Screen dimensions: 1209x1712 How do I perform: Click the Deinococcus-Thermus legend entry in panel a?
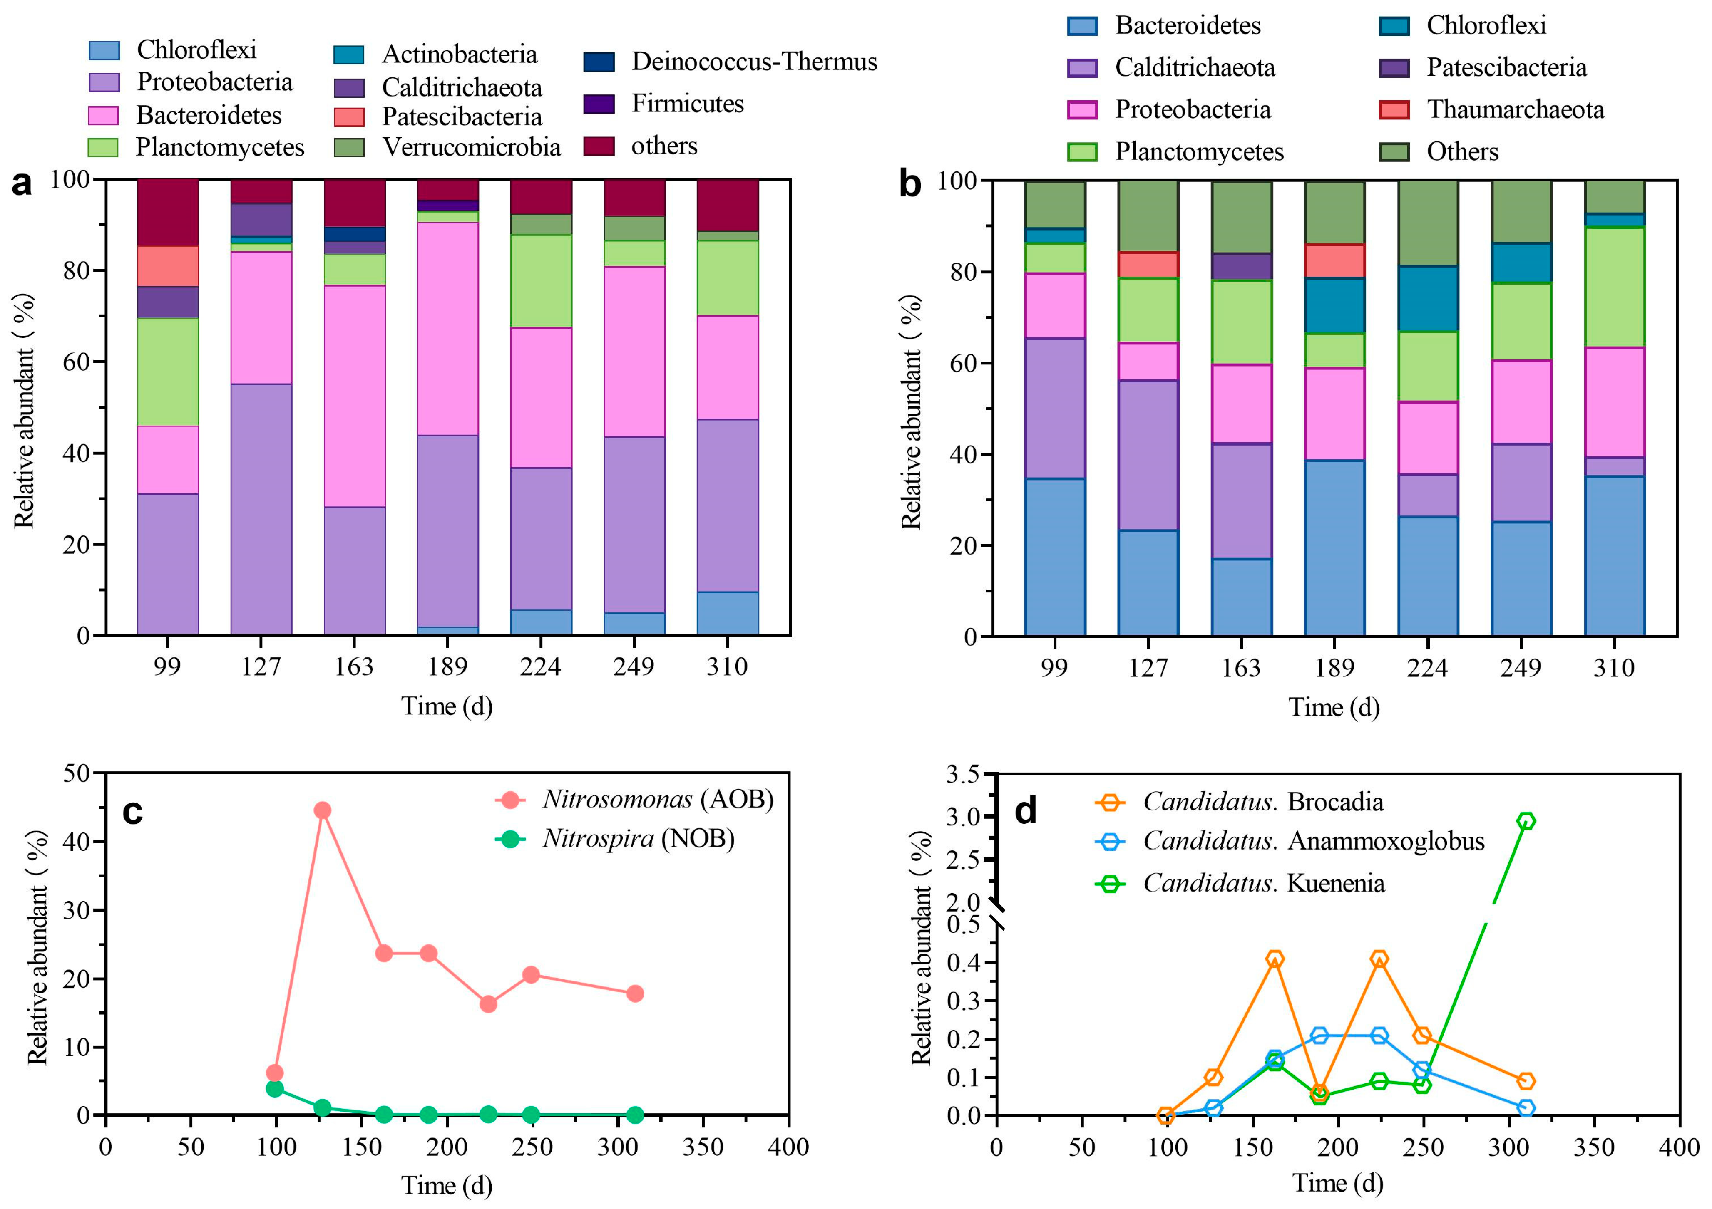point(753,62)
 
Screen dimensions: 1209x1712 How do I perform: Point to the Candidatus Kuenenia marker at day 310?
point(1526,821)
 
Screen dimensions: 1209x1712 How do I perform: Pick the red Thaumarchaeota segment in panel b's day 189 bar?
point(1335,261)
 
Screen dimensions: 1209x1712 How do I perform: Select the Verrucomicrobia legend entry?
point(470,147)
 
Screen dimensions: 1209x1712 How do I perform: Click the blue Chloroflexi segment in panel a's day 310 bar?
point(727,613)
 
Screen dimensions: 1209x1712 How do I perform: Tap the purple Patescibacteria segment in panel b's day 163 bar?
point(1242,266)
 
